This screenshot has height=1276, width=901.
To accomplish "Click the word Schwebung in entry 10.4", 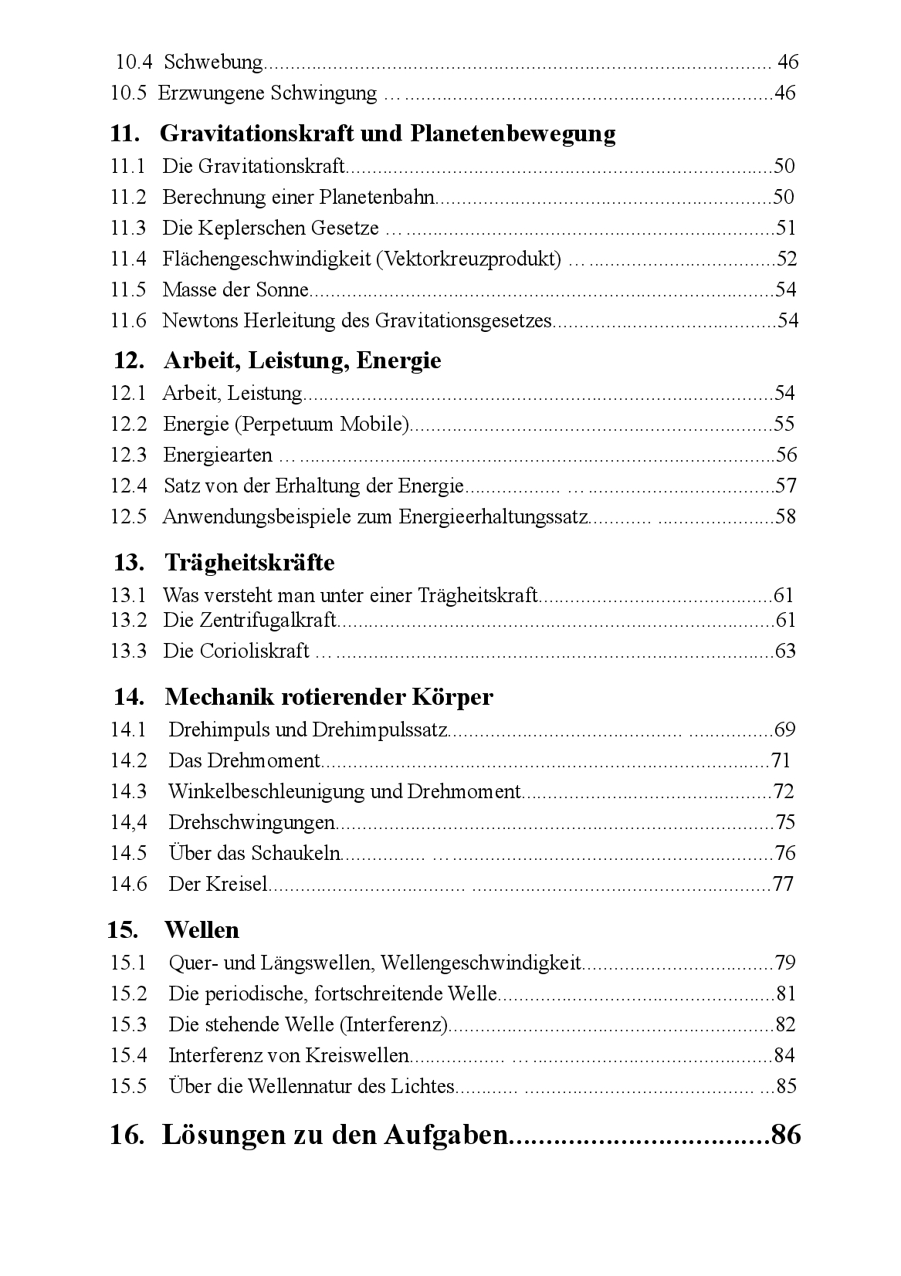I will [214, 63].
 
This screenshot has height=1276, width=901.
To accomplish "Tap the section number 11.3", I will [128, 228].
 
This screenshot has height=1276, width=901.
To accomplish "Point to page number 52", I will [786, 259].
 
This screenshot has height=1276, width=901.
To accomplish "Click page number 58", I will [785, 517].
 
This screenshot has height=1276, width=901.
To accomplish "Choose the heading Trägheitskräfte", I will [249, 563].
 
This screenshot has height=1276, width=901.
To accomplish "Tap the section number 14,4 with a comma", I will [128, 823].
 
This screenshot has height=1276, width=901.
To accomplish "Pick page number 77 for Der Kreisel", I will [783, 885].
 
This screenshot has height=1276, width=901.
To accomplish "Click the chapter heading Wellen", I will [202, 930].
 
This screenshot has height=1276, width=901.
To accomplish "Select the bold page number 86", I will [786, 1136].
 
